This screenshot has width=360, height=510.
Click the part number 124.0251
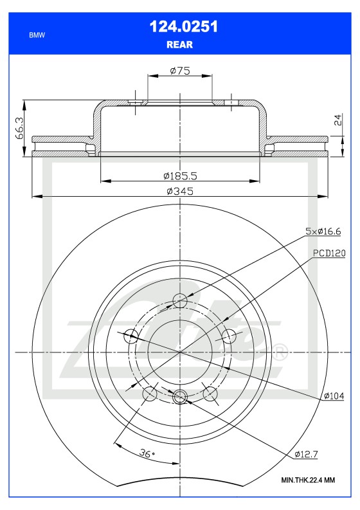179,26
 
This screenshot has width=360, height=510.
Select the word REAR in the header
179,45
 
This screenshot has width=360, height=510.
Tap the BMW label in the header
37,36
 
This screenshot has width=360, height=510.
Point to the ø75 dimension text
179,71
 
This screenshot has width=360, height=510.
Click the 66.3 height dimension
21,127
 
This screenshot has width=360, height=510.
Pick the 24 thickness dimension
338,119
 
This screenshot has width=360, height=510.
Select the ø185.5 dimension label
179,175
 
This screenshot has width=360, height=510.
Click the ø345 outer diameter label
179,191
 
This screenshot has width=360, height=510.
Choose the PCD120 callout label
329,253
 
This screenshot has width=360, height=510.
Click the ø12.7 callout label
306,455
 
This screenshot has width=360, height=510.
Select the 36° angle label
148,453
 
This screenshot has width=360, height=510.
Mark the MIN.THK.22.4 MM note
308,480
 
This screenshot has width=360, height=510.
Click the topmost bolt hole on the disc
180,300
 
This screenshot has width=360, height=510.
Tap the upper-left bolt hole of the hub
130,335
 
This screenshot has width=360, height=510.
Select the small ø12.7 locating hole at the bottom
180,397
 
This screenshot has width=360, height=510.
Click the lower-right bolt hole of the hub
210,394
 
